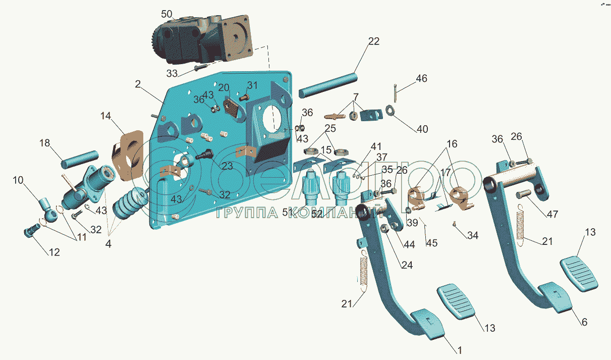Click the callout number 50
pyautogui.click(x=167, y=14)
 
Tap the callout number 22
pyautogui.click(x=373, y=41)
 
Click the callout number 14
pyautogui.click(x=105, y=116)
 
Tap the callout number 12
pyautogui.click(x=54, y=252)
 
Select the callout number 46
pyautogui.click(x=421, y=78)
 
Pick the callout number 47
pyautogui.click(x=552, y=214)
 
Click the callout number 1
pyautogui.click(x=459, y=349)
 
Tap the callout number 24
pyautogui.click(x=407, y=265)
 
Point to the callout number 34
pyautogui.click(x=473, y=235)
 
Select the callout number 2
pyautogui.click(x=138, y=85)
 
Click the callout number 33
pyautogui.click(x=172, y=73)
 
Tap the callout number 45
pyautogui.click(x=431, y=243)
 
